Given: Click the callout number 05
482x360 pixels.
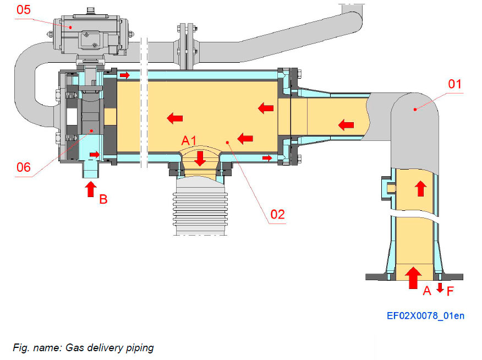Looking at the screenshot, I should point(25,9).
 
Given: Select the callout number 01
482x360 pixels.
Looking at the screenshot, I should point(454,84).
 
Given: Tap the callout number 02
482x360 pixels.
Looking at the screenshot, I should point(277,214).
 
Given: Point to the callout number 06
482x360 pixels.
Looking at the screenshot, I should point(23,167).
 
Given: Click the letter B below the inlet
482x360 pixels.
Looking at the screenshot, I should point(103,199).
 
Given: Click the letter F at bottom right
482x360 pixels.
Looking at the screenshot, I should point(450,291).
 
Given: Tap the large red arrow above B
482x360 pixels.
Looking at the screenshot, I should point(90,190).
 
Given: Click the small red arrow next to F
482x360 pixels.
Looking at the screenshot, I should point(440,287).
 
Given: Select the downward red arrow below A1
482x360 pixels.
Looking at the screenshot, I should point(200,159).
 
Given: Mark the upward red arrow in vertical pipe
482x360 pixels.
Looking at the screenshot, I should point(420,189).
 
